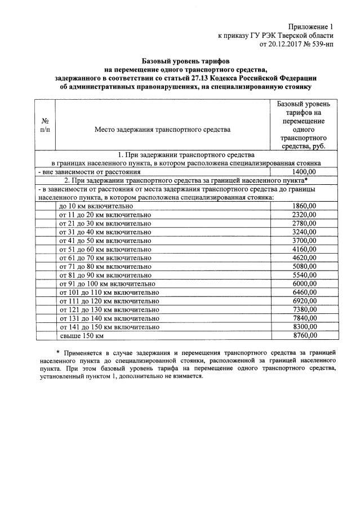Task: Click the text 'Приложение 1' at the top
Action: click(311, 26)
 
